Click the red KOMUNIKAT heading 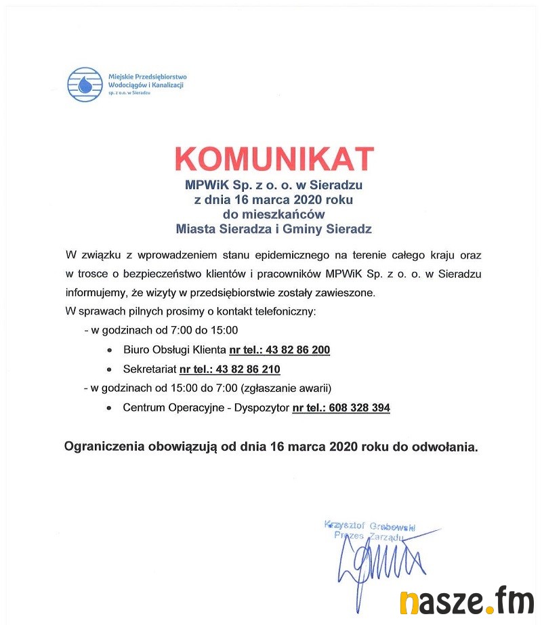click(274, 159)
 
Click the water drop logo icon click(85, 84)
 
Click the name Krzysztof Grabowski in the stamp click(370, 525)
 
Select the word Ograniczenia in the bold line click(102, 447)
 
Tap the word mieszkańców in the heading click(274, 214)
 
